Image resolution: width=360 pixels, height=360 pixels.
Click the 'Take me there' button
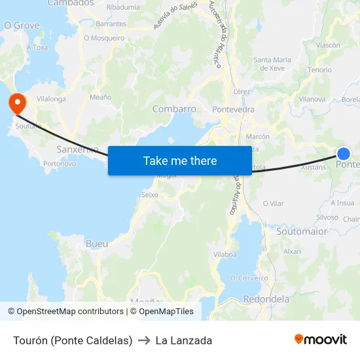point(180,160)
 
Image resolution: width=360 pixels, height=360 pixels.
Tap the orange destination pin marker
point(16,103)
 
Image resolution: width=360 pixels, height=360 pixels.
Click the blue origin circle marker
point(344,154)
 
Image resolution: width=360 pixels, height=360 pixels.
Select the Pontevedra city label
point(233,109)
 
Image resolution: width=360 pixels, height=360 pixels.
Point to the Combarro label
point(174,109)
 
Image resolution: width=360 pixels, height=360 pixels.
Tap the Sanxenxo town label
point(77,149)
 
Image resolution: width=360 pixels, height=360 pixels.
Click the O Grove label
point(22,26)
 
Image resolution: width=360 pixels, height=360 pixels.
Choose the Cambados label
point(71,3)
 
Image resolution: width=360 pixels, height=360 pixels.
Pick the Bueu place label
point(97,243)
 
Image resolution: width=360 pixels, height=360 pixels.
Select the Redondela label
point(266,299)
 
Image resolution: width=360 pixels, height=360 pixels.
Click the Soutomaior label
point(302,232)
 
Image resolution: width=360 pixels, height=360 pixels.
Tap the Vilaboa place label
point(225,255)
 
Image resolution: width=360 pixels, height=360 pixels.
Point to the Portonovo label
point(60,164)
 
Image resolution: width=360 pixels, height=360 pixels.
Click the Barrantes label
point(111,24)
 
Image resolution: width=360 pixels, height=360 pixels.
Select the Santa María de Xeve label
point(272,63)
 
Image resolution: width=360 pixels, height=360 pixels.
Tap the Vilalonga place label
point(51,99)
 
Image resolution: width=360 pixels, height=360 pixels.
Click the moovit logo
point(321,340)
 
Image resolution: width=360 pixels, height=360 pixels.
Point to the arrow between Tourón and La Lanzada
point(144,340)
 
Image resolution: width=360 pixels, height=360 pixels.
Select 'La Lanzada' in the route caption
point(184,340)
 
